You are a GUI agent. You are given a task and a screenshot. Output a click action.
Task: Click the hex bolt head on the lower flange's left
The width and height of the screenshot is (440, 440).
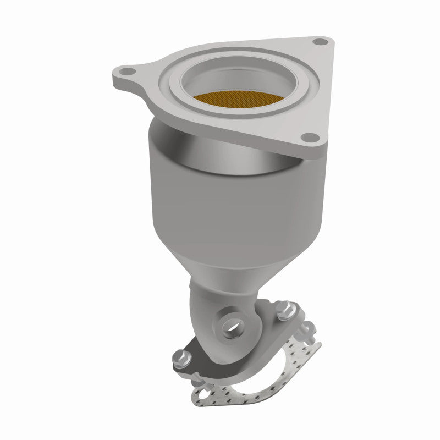click(180, 358)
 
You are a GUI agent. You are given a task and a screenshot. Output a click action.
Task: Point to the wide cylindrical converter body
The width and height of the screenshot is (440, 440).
click(220, 204)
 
